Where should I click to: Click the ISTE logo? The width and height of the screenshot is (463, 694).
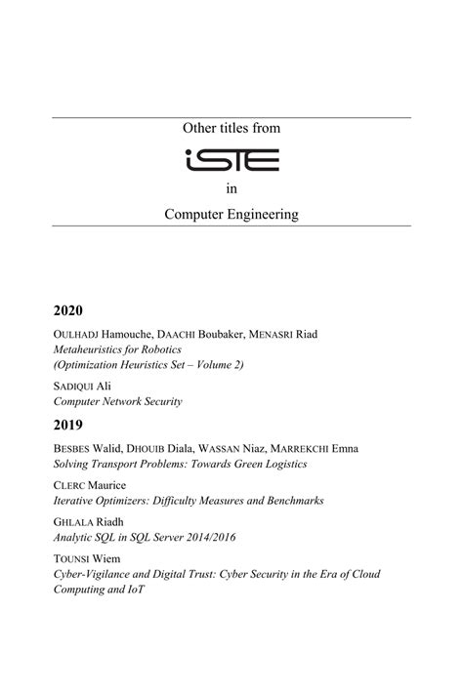click(x=231, y=159)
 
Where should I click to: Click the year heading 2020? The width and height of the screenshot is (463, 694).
click(x=69, y=311)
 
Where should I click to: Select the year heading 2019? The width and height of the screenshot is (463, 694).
click(x=69, y=426)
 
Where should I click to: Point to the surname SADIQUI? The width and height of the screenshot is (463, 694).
click(x=75, y=387)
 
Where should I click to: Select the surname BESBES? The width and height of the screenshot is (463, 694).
click(x=71, y=449)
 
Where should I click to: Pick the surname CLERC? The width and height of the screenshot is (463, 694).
click(x=69, y=486)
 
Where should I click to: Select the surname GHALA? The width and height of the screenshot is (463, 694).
click(x=71, y=523)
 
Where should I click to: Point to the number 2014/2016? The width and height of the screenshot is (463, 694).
click(x=203, y=538)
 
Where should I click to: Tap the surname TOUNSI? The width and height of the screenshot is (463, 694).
click(x=71, y=560)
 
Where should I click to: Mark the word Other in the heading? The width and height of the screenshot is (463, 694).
click(x=200, y=128)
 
